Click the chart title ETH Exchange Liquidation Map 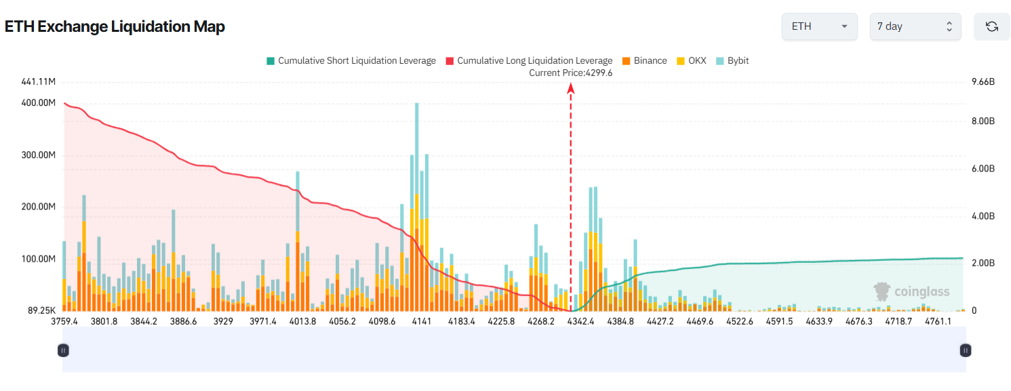pos(115,26)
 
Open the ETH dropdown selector pos(819,26)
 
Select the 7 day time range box pos(915,26)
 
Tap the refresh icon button pos(991,26)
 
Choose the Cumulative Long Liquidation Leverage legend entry pos(528,60)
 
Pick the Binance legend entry pos(643,60)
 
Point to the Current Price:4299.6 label pos(570,73)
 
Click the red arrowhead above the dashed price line pos(571,87)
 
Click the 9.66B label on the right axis pos(983,82)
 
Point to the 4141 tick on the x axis pos(421,321)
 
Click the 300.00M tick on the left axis pos(38,155)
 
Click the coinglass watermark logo pos(911,291)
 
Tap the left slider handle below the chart pos(63,350)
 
